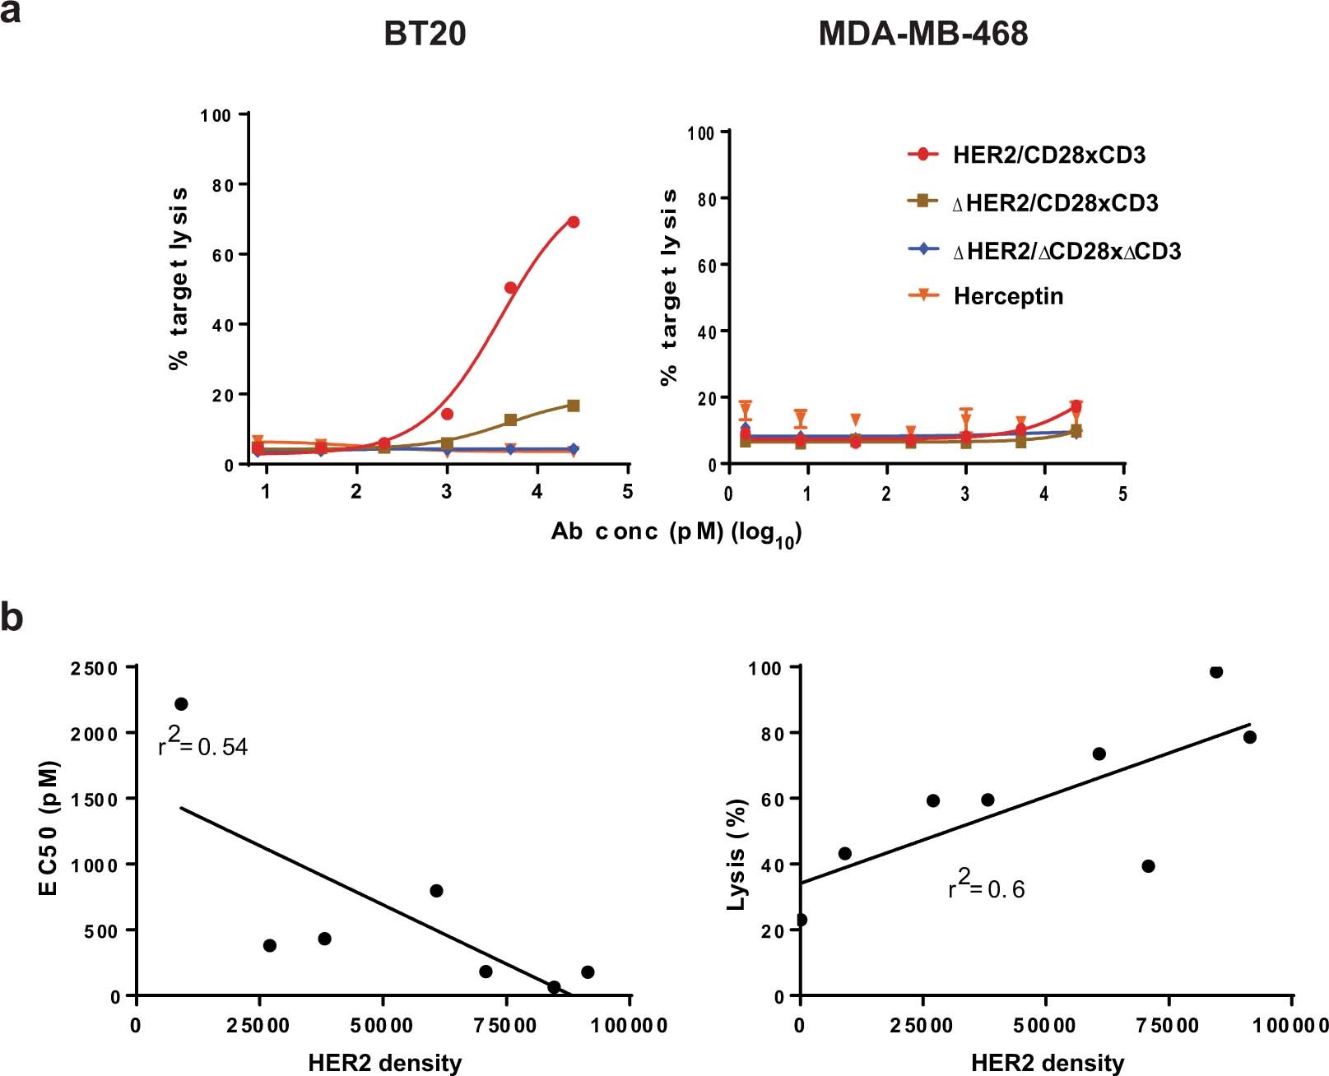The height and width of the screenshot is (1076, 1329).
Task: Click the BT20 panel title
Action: pyautogui.click(x=425, y=34)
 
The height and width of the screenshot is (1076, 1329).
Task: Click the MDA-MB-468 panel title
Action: pyautogui.click(x=922, y=34)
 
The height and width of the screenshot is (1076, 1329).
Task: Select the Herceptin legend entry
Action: pyautogui.click(x=1007, y=296)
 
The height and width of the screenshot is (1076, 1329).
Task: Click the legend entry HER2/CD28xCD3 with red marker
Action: pyautogui.click(x=1048, y=155)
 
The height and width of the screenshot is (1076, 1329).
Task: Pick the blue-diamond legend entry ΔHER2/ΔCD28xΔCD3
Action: pyautogui.click(x=1066, y=251)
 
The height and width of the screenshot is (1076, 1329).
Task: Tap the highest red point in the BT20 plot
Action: pyautogui.click(x=574, y=222)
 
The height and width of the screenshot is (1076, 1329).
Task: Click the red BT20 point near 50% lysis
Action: pyautogui.click(x=510, y=288)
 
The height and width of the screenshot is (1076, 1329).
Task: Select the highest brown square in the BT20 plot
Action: pyautogui.click(x=574, y=406)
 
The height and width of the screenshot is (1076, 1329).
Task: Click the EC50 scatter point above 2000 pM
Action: pyautogui.click(x=181, y=703)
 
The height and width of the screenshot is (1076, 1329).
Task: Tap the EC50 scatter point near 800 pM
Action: pyautogui.click(x=436, y=891)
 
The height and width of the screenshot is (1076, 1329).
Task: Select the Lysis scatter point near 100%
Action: pyautogui.click(x=1216, y=672)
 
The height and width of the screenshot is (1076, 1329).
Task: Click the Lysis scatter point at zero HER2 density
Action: pyautogui.click(x=801, y=919)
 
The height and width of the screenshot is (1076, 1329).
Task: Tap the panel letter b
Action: pyautogui.click(x=12, y=618)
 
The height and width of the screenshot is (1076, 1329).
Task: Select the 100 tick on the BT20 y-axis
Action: pyautogui.click(x=216, y=115)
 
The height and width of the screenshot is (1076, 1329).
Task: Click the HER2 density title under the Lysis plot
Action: pyautogui.click(x=1047, y=1063)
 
